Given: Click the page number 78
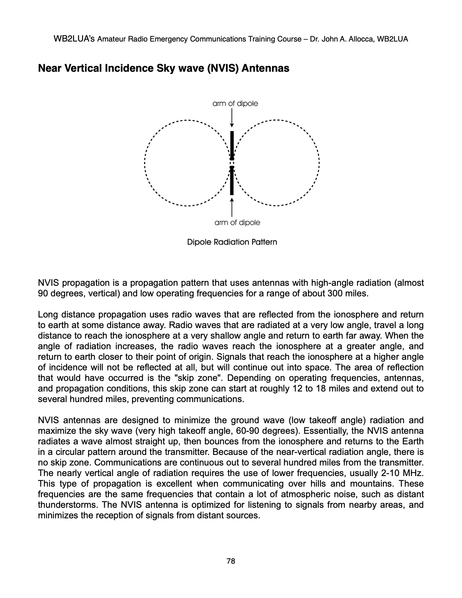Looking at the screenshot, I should tap(231, 561).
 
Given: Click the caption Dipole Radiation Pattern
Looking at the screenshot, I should tap(232, 242).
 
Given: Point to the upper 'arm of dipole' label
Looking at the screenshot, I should tap(235, 103).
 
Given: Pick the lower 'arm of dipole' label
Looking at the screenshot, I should tap(237, 223).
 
